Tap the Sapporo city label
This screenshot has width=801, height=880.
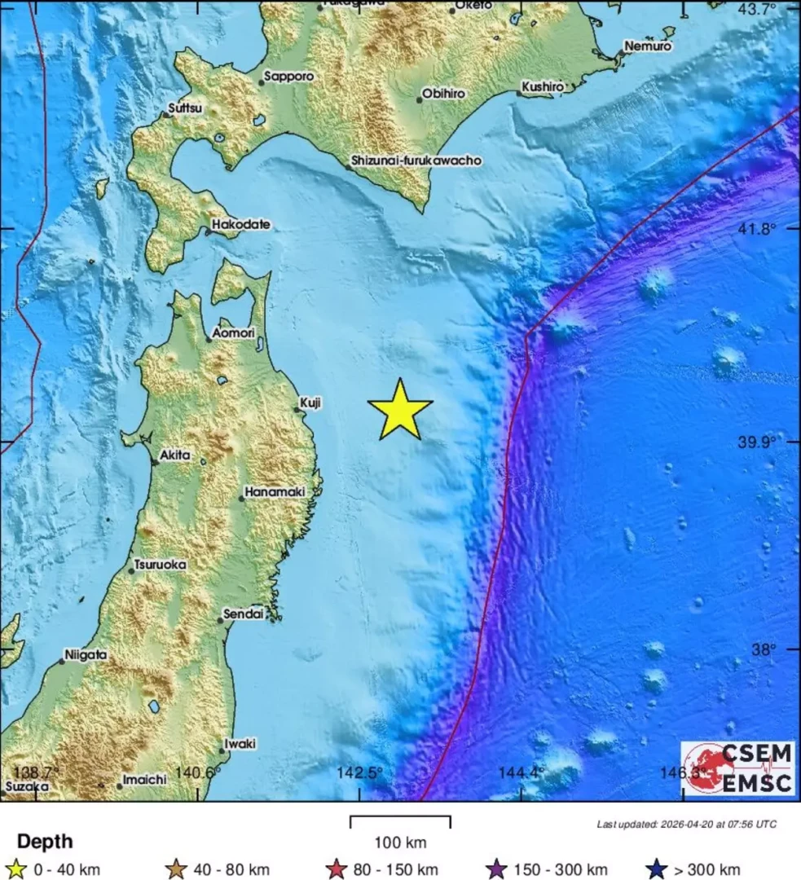pos(292,76)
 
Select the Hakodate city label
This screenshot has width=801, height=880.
pos(241,224)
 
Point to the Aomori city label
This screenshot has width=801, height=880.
pos(234,332)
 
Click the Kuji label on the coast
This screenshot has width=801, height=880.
pos(310,402)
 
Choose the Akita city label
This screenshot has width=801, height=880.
pos(175,455)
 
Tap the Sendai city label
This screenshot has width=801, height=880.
pos(246,614)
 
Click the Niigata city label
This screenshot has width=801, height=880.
pos(86,654)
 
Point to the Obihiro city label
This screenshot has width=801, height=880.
pos(445,94)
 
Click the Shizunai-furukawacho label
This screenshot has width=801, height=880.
pos(416,161)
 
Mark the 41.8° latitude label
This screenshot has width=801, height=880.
pos(757,229)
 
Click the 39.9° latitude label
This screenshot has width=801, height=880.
pos(757,442)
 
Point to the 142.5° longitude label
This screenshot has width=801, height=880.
pos(359,772)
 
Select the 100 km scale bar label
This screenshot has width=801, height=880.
pos(400,843)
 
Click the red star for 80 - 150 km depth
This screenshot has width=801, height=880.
pos(337,869)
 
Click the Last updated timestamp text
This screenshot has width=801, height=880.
pos(686,825)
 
